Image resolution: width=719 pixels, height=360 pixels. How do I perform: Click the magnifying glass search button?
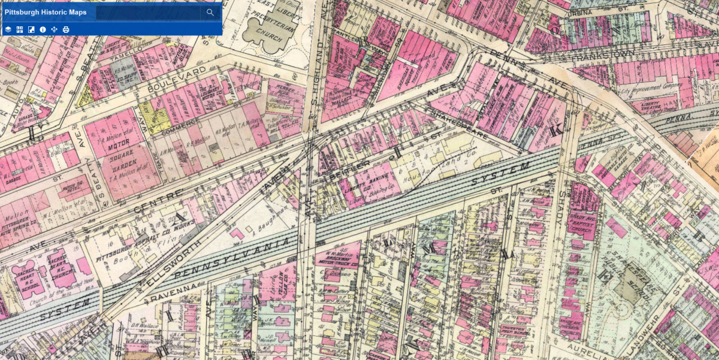click(210, 13)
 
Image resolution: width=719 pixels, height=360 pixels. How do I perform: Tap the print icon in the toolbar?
click(66, 29)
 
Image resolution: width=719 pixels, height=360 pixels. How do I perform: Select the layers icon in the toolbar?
click(8, 29)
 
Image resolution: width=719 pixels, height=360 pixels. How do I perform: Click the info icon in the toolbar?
click(43, 29)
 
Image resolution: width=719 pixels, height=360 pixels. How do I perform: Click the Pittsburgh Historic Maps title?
click(46, 13)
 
